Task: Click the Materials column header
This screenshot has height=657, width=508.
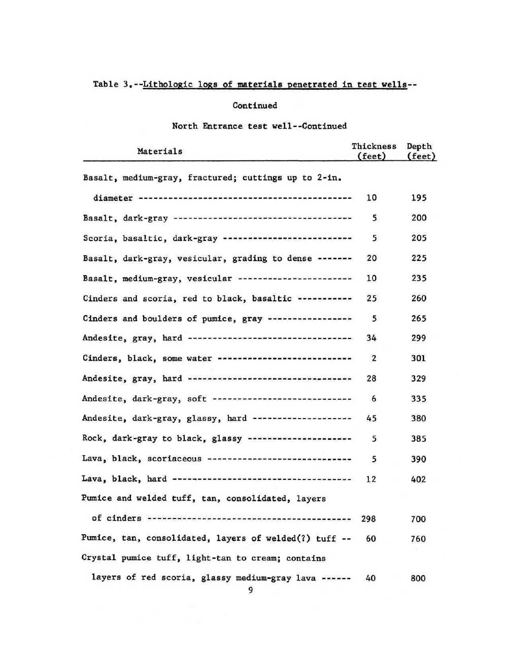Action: [x=159, y=151]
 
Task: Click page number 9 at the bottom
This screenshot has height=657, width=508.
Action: [x=251, y=590]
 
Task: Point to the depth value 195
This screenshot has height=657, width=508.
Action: [x=419, y=198]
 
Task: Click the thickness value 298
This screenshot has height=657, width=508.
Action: [x=368, y=518]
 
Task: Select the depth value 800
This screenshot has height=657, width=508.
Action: [x=418, y=578]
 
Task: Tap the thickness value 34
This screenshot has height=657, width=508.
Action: [x=371, y=338]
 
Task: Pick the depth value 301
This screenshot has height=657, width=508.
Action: [x=419, y=358]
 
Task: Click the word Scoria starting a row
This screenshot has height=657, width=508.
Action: [x=97, y=238]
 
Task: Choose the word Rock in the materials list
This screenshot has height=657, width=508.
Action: [x=92, y=438]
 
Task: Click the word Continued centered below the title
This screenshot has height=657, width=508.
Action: [x=255, y=106]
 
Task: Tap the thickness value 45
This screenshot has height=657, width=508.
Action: [x=371, y=419]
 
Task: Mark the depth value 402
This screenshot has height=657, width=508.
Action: [x=418, y=479]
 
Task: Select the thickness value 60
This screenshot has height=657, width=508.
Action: [x=371, y=539]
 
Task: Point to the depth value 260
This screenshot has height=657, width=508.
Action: [x=419, y=298]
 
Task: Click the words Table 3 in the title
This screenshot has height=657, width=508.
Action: [x=113, y=84]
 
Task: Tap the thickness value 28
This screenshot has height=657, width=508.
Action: [x=371, y=378]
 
